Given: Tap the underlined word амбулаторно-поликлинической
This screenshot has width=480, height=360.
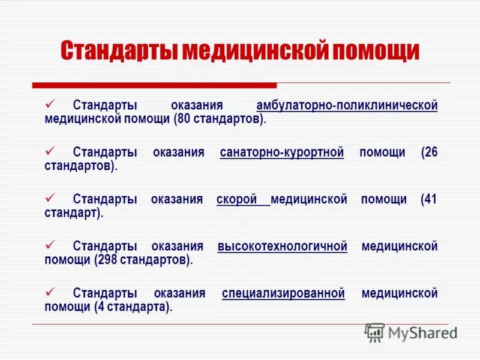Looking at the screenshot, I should tap(347, 106).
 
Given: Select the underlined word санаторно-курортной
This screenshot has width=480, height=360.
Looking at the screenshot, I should tap(282, 152).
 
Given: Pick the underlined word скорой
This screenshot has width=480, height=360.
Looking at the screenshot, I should tap(237, 199).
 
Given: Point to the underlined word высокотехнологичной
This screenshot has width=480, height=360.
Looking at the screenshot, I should tap(283, 247).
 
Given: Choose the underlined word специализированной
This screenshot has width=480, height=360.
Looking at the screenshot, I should tap(283, 293).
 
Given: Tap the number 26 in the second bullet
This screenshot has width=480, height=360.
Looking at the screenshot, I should tap(430, 152).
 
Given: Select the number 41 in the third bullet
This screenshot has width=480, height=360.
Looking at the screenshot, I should tap(430, 199).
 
